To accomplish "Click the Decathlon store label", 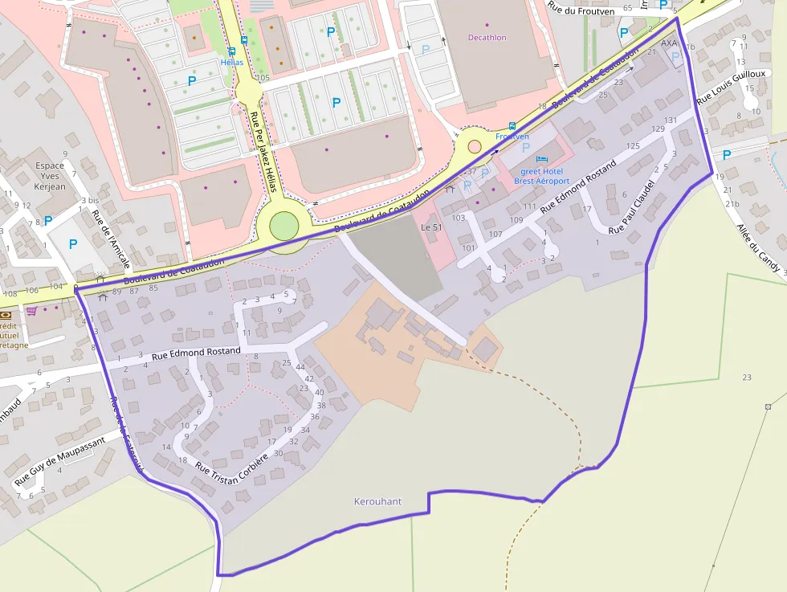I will pos(488,37).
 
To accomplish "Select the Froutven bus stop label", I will pos(512,137).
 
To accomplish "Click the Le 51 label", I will pos(432,227).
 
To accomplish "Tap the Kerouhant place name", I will pos(377,501).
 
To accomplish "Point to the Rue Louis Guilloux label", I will pos(720,84).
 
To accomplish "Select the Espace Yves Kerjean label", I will pos(50,176).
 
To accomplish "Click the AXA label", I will pos(669,43).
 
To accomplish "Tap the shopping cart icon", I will pos(31,311).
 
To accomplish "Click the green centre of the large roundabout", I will pos(283,225).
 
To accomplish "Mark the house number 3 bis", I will pos(90,200).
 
